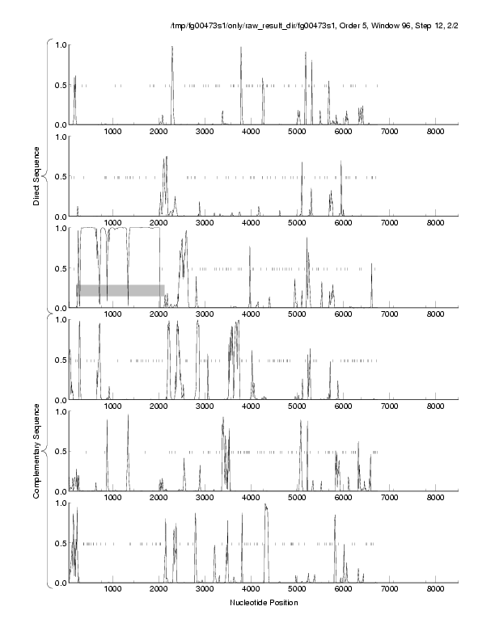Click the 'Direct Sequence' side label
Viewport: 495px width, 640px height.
point(37,171)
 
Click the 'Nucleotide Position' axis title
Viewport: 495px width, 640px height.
point(264,603)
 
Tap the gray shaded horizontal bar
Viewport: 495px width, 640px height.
point(121,290)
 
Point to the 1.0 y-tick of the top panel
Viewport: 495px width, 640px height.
point(59,44)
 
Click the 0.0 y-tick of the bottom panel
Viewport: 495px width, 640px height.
point(59,583)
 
